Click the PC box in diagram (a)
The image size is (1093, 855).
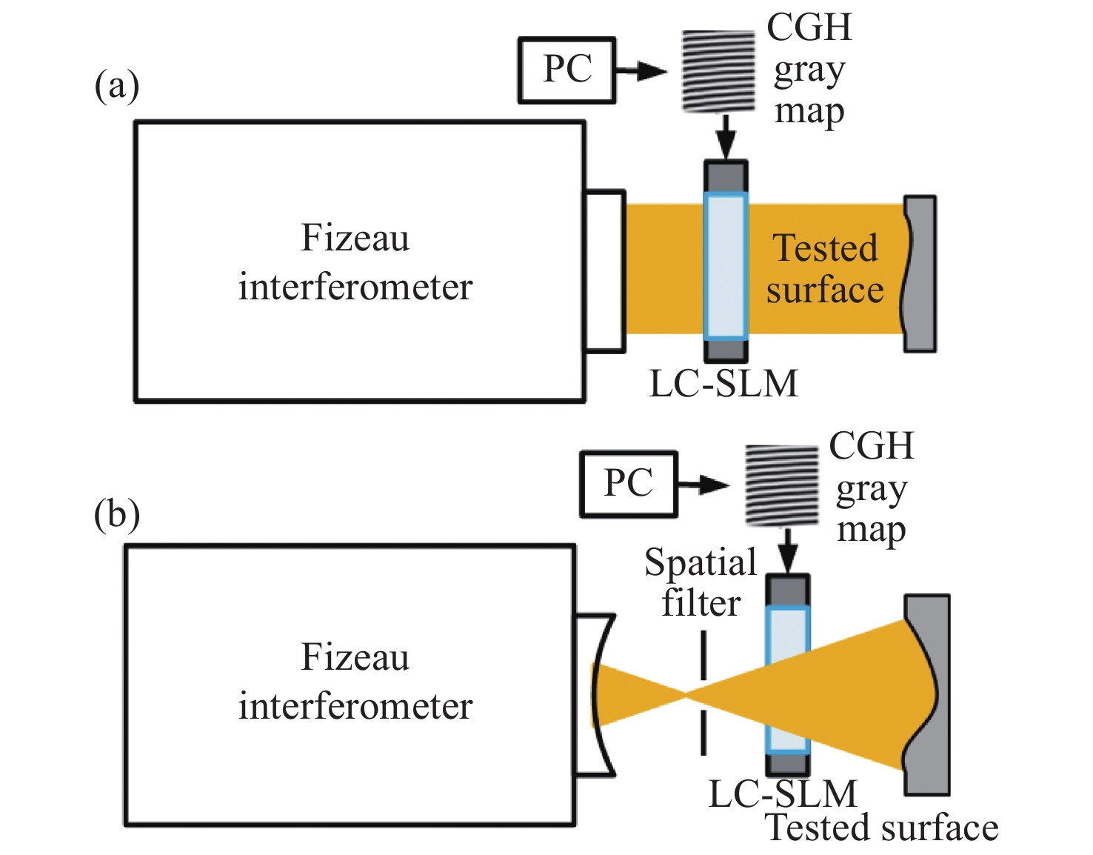pyautogui.click(x=566, y=70)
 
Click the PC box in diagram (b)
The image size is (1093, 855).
pyautogui.click(x=629, y=484)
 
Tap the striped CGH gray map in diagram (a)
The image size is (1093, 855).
pyautogui.click(x=718, y=71)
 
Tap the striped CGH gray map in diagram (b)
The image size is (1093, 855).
pyautogui.click(x=782, y=485)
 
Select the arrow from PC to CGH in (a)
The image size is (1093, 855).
pyautogui.click(x=641, y=71)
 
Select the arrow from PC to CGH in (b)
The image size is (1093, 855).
pyautogui.click(x=703, y=485)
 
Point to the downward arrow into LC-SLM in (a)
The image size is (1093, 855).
pyautogui.click(x=726, y=136)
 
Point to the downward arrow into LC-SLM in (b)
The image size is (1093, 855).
pyautogui.click(x=789, y=550)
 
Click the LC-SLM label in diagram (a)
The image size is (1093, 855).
pyautogui.click(x=723, y=384)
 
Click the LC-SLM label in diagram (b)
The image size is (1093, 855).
pyautogui.click(x=783, y=794)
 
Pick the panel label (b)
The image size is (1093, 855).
pyautogui.click(x=116, y=513)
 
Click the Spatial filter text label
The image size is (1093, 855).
pyautogui.click(x=701, y=582)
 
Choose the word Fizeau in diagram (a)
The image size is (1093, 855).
pyautogui.click(x=355, y=239)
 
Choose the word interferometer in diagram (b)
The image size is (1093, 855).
pyautogui.click(x=355, y=706)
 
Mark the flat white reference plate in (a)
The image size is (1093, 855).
pyautogui.click(x=605, y=270)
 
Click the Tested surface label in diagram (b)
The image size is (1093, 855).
pyautogui.click(x=881, y=828)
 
